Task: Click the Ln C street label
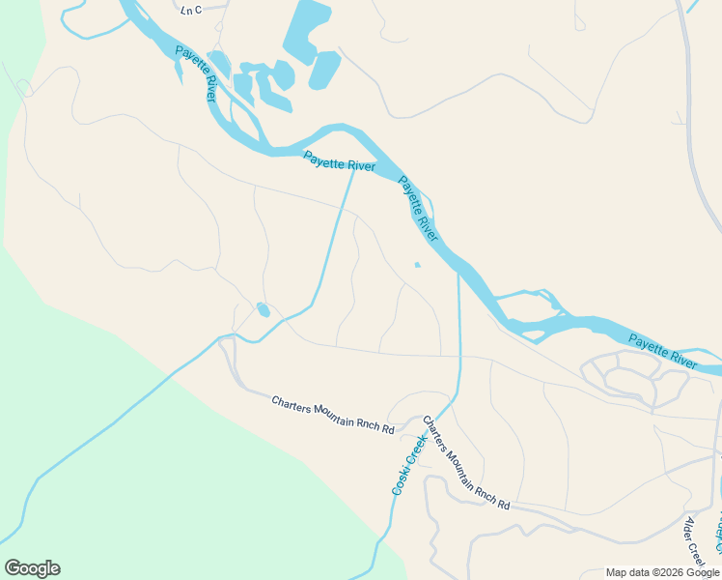point(191,10)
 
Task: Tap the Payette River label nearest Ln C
point(196,73)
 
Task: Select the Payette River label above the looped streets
point(662,351)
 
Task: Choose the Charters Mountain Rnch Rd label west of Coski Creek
point(333,415)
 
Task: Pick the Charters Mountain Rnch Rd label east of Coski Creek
point(465,463)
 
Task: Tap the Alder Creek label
point(695,541)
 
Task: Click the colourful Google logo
point(32,568)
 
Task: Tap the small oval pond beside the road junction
point(263,310)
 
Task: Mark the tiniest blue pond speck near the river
point(417,265)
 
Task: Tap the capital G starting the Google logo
point(13,568)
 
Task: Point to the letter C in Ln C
point(198,10)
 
